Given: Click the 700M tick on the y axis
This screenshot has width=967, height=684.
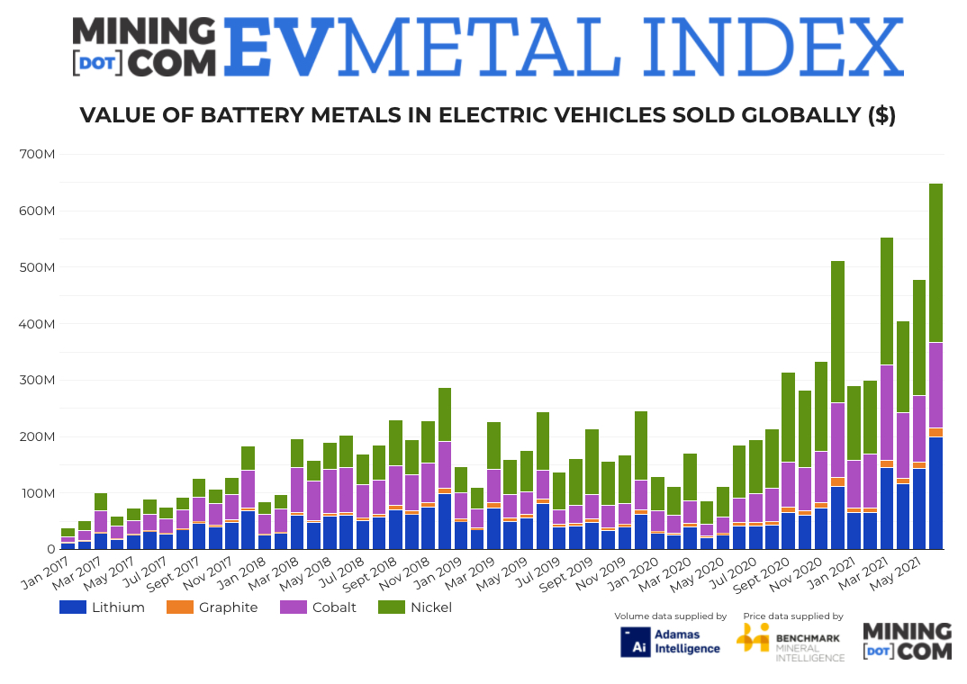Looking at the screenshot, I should pos(39,155).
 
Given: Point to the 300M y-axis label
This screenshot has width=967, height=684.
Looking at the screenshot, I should pos(39,381).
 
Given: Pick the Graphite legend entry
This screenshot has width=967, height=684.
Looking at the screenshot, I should pos(212,607).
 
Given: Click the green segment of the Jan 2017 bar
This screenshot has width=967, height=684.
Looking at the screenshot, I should pos(68,532).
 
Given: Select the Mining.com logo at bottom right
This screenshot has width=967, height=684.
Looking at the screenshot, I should pos(907,640).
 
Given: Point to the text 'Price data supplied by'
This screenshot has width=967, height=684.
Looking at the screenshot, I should pos(793,616).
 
